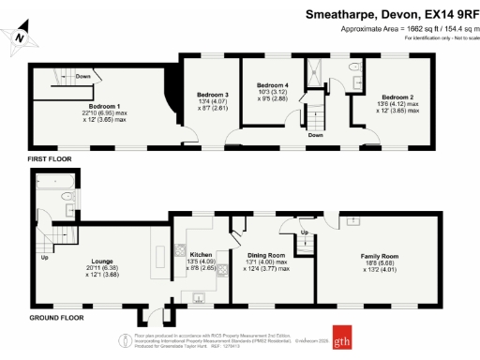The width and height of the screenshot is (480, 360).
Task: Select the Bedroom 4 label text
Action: (273, 85)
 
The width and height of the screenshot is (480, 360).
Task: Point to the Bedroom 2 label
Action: (397, 97)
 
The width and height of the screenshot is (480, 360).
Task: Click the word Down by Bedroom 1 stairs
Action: (82, 76)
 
